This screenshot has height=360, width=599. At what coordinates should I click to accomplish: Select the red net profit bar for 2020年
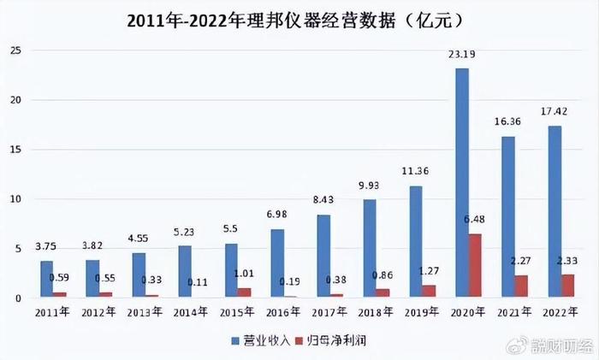click(475, 266)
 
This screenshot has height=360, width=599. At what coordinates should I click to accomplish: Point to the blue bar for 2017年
click(323, 257)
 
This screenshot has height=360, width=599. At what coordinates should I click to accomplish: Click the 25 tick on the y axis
click(15, 50)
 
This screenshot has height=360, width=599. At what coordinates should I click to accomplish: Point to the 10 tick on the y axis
click(15, 199)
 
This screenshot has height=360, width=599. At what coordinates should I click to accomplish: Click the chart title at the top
click(299, 19)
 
